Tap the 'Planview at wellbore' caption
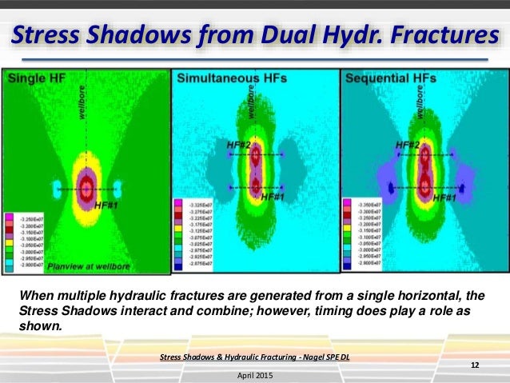(x=80, y=264)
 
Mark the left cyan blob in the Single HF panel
(x=57, y=189)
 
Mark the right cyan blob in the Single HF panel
(x=118, y=189)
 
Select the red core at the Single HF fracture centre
(x=87, y=189)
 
